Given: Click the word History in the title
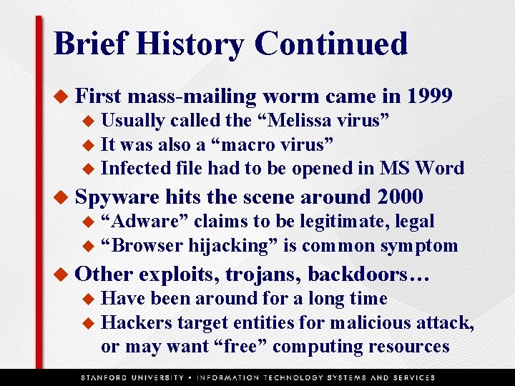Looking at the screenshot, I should [x=191, y=44].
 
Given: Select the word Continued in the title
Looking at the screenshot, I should [x=330, y=44].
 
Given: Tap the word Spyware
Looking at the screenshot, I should [x=117, y=196].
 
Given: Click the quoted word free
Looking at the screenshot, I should [x=241, y=346].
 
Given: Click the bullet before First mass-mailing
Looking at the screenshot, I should [x=62, y=96].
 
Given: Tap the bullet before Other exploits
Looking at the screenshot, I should [x=62, y=274].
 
